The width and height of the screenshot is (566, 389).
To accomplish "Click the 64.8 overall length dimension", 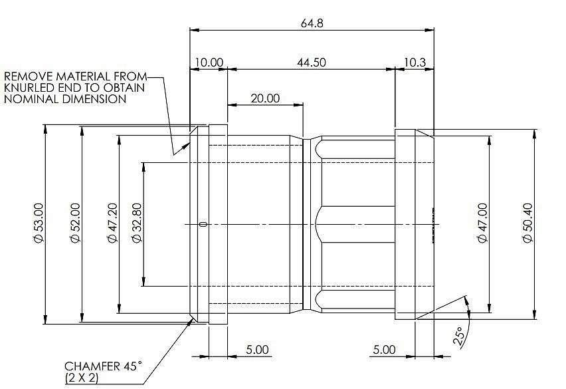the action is click(x=312, y=23).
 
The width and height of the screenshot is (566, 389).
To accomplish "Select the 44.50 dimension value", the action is click(x=311, y=63).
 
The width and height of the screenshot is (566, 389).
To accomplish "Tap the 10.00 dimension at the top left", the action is click(x=209, y=63).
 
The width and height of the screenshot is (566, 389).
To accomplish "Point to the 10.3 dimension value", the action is click(x=415, y=63).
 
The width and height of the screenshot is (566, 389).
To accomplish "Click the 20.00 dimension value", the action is click(x=265, y=98).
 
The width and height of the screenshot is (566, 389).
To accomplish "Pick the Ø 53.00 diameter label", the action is click(x=39, y=223).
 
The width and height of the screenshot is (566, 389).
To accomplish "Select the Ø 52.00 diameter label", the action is click(x=75, y=223).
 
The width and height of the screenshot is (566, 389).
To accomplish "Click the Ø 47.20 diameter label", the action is click(x=112, y=223).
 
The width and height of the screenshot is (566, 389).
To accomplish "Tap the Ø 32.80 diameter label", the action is click(x=137, y=223).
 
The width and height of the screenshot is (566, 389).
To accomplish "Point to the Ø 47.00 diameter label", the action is click(x=482, y=223).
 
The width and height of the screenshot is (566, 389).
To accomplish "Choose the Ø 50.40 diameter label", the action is click(x=527, y=223).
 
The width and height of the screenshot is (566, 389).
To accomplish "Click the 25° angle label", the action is click(x=458, y=337).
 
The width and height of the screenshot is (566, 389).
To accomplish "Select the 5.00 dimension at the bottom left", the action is click(x=257, y=350).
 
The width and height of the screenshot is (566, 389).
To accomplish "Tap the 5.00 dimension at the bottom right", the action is click(x=384, y=350).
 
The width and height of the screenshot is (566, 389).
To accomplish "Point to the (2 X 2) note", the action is click(x=82, y=378).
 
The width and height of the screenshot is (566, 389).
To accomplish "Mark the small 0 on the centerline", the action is click(x=203, y=224).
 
